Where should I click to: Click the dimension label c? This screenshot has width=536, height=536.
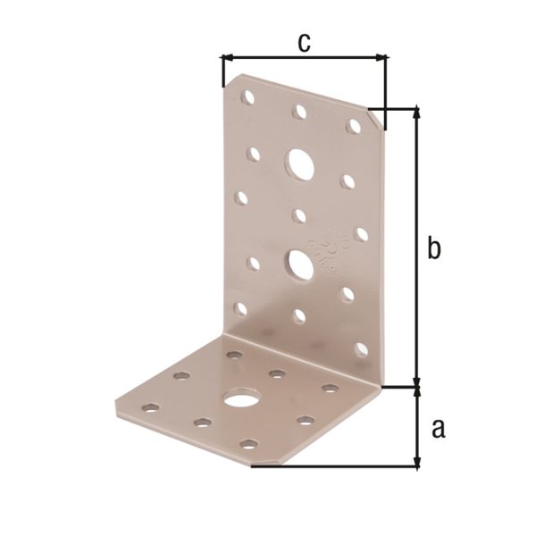[305, 41]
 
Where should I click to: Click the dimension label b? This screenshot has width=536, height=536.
[433, 248]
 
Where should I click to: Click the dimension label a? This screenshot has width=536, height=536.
[437, 430]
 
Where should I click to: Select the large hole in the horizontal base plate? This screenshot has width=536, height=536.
[239, 398]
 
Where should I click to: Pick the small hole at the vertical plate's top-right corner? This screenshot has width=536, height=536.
[354, 126]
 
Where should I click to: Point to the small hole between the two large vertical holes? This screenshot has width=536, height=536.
[299, 215]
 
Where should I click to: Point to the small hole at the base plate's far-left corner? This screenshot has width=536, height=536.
[151, 407]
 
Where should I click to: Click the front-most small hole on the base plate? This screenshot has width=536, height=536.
[249, 444]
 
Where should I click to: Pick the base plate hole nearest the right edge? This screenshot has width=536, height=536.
[331, 388]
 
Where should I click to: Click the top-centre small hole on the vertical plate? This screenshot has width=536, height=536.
[299, 113]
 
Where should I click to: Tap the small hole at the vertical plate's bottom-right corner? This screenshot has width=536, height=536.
[361, 349]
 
